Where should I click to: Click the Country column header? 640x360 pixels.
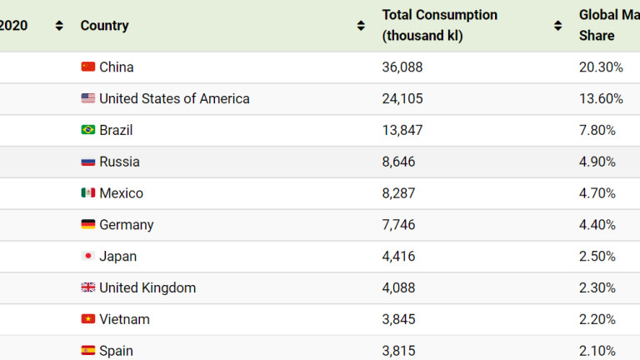coord(104,25)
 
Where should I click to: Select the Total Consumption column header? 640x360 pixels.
coord(440,25)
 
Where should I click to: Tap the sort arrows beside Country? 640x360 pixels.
coord(361,26)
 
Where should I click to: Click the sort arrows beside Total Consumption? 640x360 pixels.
coord(558,26)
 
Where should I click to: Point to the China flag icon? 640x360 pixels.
coord(87,67)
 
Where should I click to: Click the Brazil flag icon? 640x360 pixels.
coord(87,130)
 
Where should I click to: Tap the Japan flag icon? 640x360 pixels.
coord(87,256)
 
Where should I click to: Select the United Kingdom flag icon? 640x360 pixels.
coord(87,287)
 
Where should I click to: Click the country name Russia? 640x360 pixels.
coord(120,162)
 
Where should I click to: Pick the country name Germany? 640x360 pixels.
coord(127,225)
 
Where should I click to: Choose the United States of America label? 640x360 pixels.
coord(174,98)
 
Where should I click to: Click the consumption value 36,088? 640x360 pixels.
coord(402,67)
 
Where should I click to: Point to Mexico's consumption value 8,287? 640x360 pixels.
coord(398,193)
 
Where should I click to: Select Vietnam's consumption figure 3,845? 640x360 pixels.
coord(398,319)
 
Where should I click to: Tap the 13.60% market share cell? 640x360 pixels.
coord(601,98)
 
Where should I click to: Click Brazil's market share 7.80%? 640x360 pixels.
coord(597,130)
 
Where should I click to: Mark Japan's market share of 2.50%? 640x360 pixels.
coord(597,257)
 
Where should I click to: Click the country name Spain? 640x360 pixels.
coord(117,351)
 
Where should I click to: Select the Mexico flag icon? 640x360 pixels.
coord(87,192)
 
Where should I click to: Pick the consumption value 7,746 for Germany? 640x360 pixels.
coord(398,224)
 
